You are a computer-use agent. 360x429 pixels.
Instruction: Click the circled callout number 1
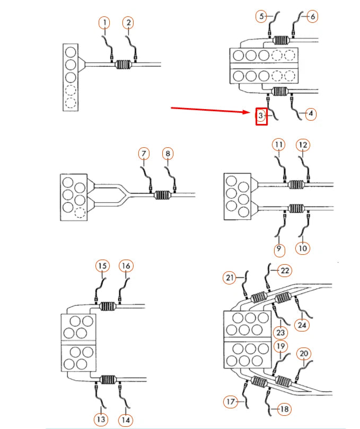(x=105, y=23)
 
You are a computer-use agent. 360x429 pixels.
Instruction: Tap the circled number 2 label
(x=128, y=23)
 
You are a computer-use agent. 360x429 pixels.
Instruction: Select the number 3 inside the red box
(x=261, y=116)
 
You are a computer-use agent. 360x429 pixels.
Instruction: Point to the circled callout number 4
(x=311, y=114)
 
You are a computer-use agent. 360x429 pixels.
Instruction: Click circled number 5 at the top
(x=261, y=16)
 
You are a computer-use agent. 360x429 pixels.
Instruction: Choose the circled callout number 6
(x=312, y=16)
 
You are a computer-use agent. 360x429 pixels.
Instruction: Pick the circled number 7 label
(x=144, y=154)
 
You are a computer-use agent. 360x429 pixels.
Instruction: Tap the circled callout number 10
(x=303, y=248)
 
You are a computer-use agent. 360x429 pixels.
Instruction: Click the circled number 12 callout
(x=303, y=145)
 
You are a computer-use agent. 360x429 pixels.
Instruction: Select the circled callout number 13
(x=101, y=419)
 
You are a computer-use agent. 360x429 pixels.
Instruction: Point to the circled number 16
(x=125, y=266)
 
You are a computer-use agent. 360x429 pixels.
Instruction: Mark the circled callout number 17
(x=230, y=402)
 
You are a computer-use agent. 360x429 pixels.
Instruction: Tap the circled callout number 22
(x=285, y=271)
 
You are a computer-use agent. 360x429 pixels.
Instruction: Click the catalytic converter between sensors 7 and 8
(x=163, y=195)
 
